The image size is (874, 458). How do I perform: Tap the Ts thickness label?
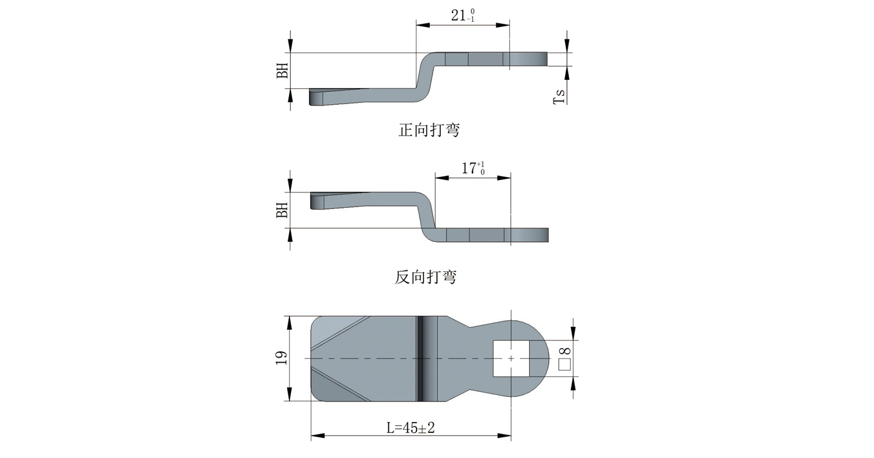pyautogui.click(x=561, y=96)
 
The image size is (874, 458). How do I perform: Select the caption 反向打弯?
pyautogui.click(x=425, y=277)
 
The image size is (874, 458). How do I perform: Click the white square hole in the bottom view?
pyautogui.click(x=510, y=358)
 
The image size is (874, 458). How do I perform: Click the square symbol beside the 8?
pyautogui.click(x=564, y=365)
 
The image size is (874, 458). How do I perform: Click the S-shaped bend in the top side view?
pyautogui.click(x=427, y=77)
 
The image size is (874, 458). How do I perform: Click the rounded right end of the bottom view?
pyautogui.click(x=544, y=358)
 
